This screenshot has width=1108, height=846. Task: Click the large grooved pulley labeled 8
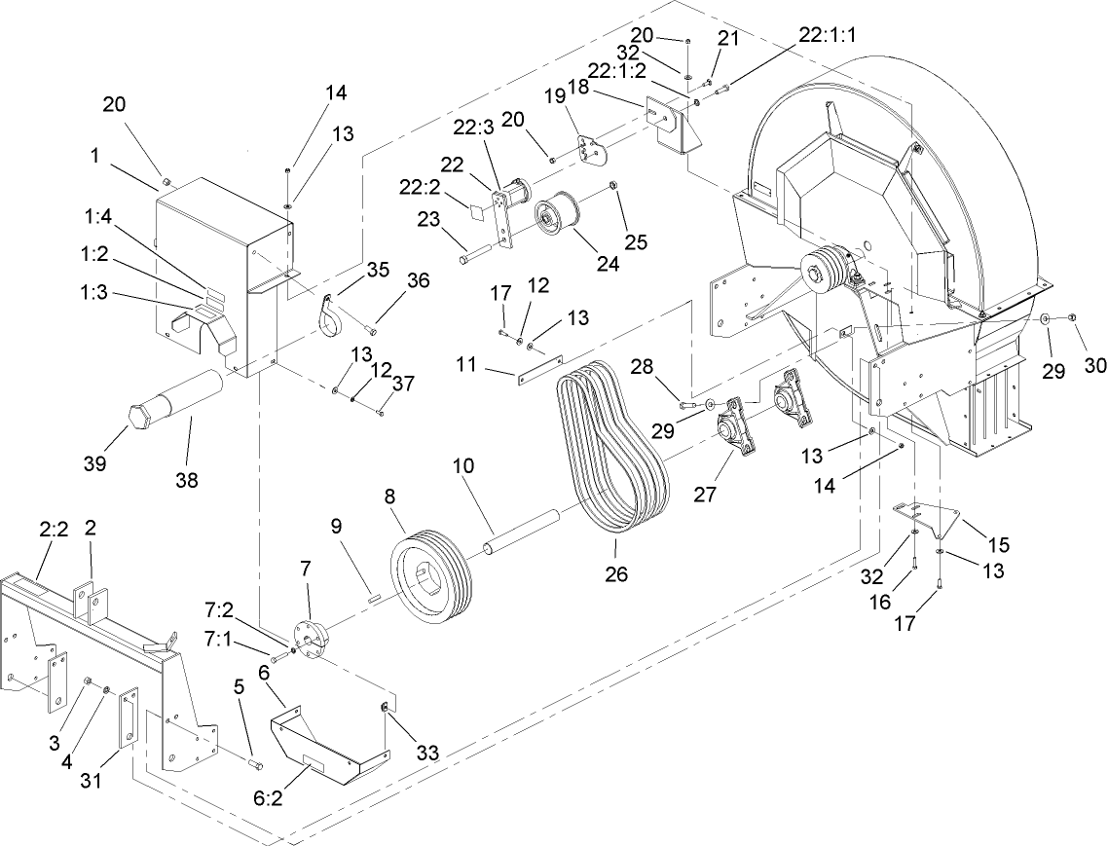click(430, 574)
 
